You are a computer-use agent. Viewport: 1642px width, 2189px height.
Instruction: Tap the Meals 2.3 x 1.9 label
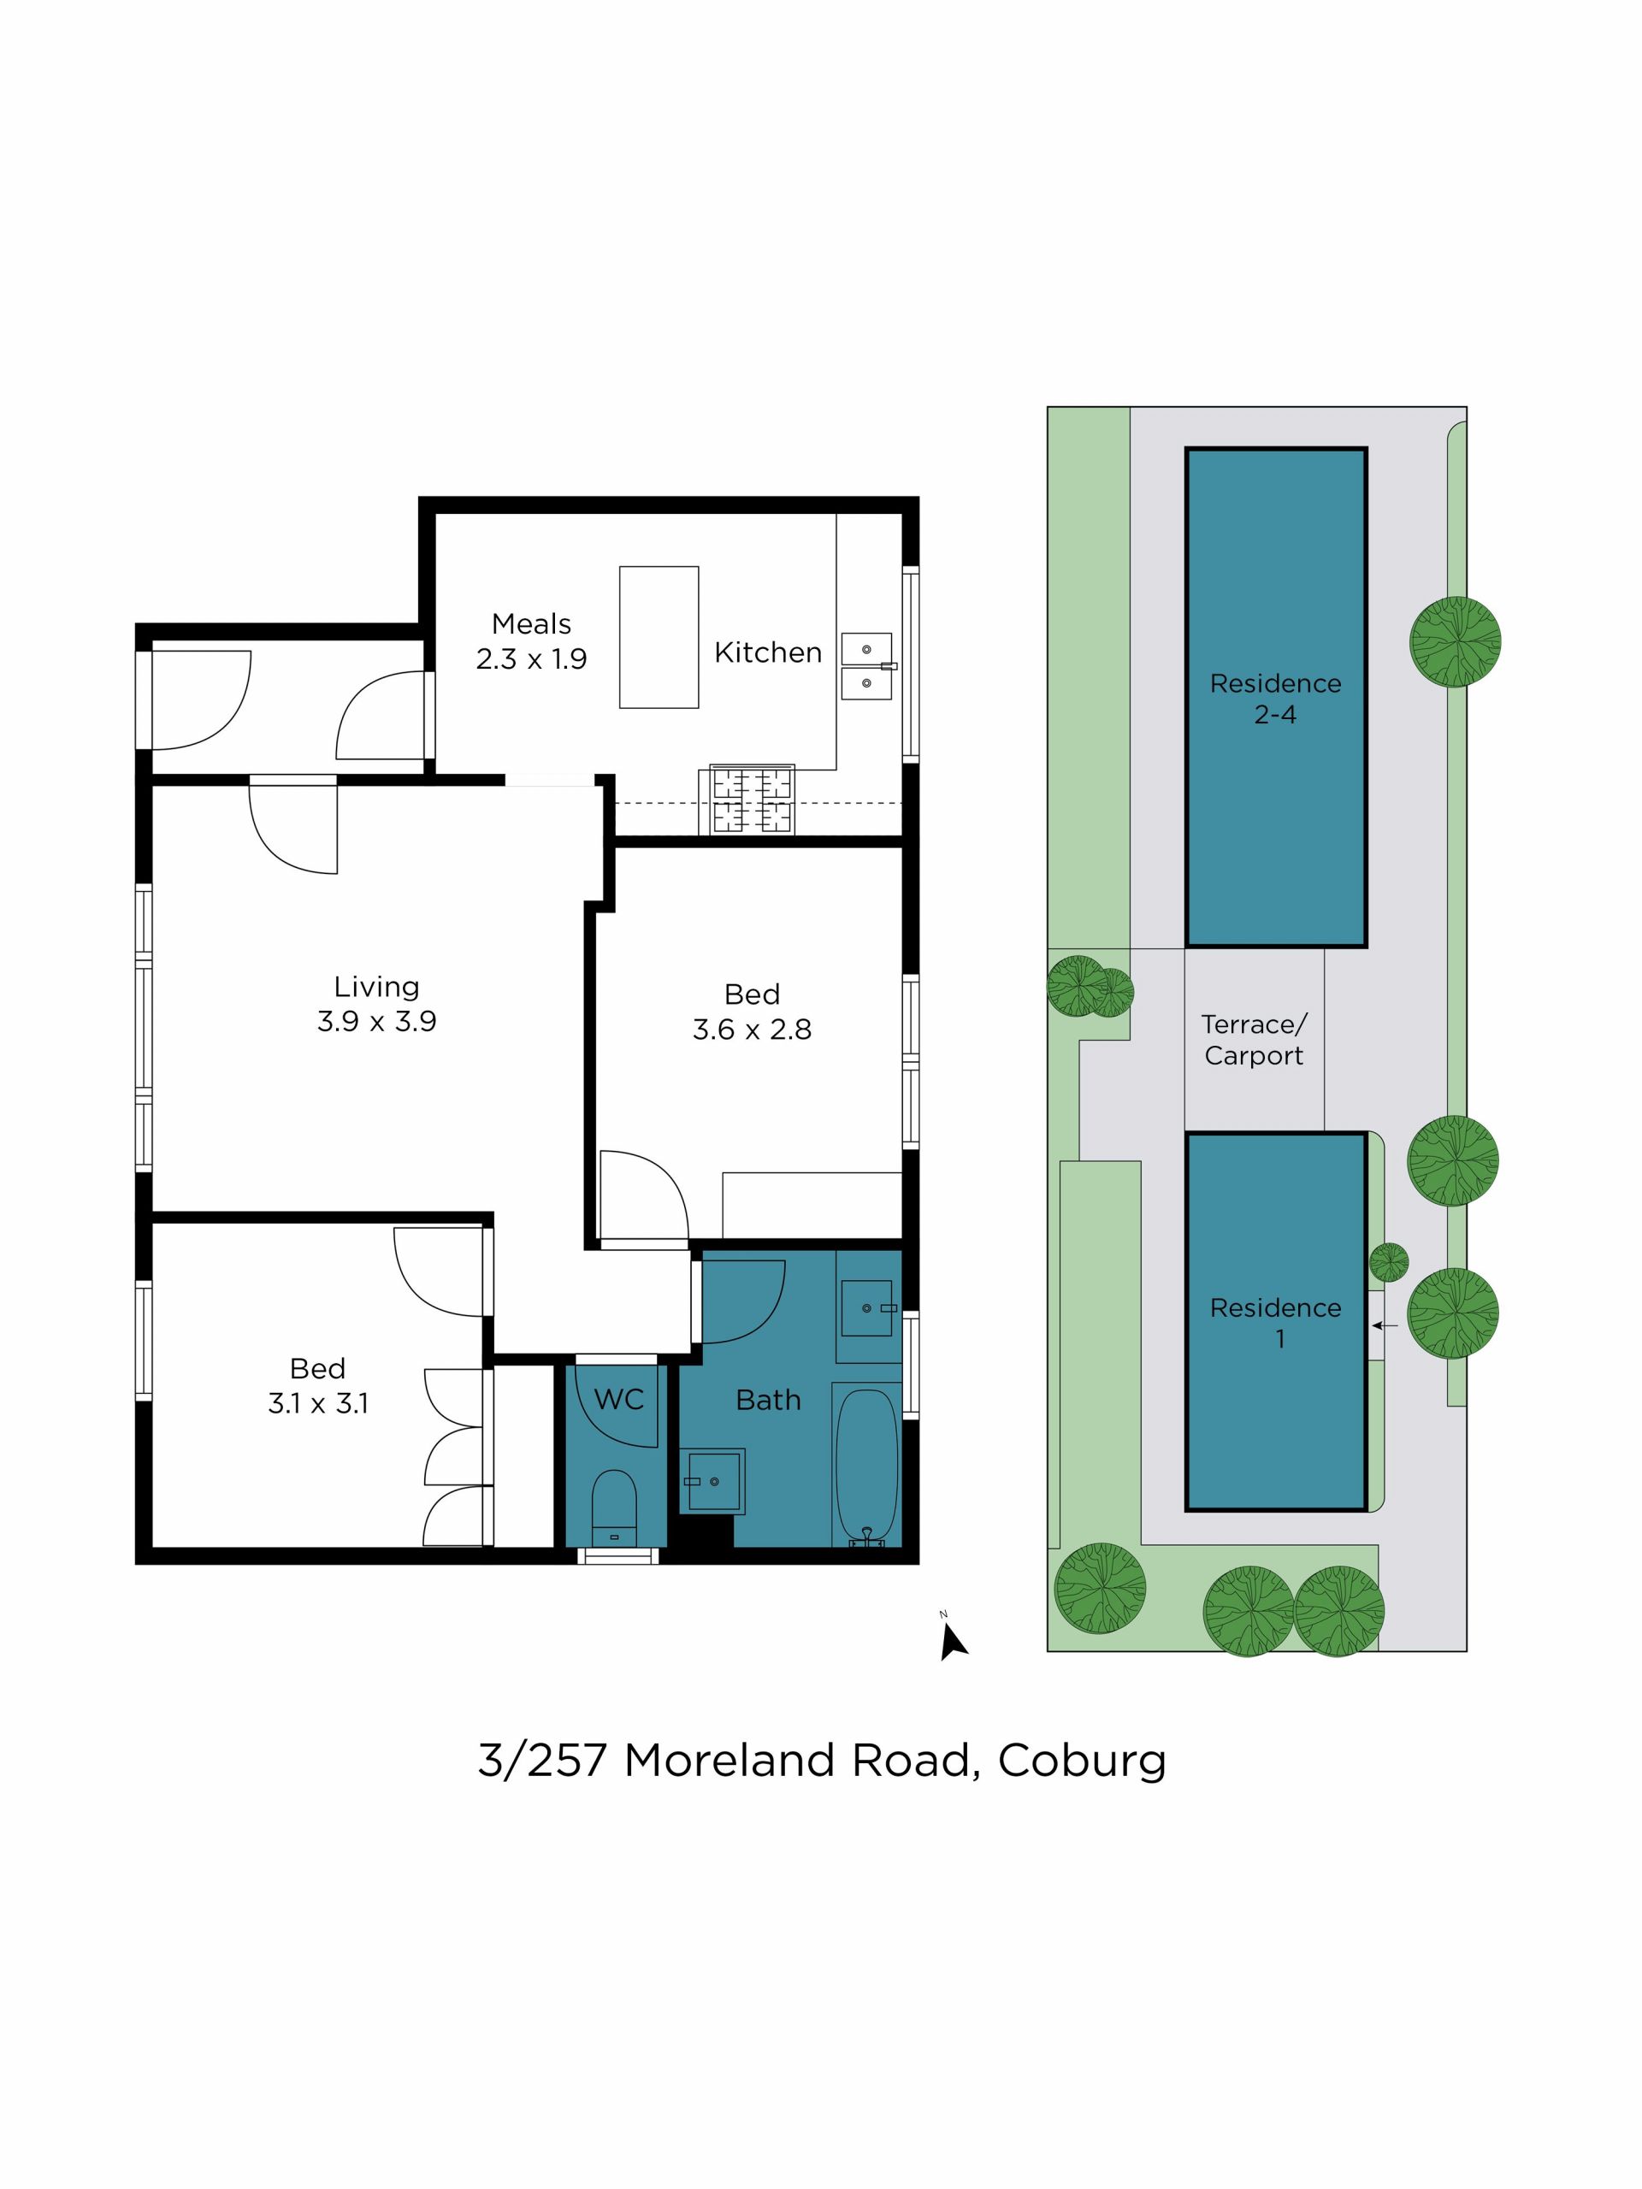531,641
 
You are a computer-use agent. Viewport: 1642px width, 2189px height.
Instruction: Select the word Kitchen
768,652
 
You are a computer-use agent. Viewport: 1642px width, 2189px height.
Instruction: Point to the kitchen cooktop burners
753,799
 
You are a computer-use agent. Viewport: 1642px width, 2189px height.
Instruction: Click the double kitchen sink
867,667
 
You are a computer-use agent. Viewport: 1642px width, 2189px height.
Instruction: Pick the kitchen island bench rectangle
659,637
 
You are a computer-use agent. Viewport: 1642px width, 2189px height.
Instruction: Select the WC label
618,1399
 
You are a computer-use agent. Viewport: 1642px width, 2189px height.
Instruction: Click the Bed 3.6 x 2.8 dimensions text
753,1030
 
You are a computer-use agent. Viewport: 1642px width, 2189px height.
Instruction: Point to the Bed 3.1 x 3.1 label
318,1385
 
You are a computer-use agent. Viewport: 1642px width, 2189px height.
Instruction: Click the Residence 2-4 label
1276,699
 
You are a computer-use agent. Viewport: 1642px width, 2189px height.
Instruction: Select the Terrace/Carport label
1254,1040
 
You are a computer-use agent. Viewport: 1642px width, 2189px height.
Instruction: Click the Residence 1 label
1276,1323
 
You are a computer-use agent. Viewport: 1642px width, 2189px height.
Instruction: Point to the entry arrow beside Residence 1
1385,1325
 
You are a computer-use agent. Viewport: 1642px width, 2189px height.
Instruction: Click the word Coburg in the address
1082,1761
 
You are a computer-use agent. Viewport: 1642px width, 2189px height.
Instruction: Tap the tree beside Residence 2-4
1455,641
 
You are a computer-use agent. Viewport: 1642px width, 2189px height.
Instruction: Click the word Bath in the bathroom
768,1401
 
